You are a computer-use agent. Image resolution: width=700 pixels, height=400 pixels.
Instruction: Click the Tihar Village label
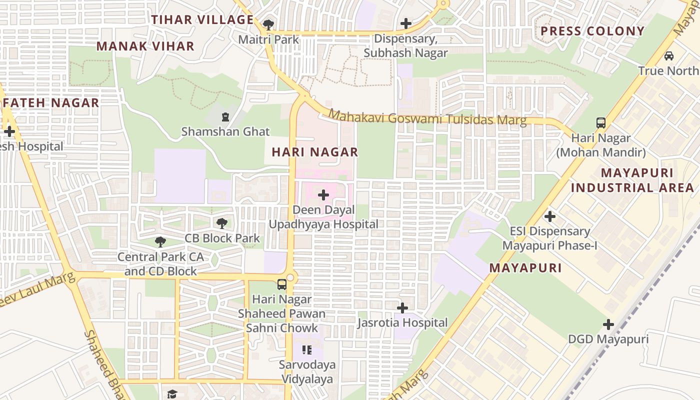[x=202, y=20]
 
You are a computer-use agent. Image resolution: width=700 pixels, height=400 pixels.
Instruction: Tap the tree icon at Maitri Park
[x=268, y=24]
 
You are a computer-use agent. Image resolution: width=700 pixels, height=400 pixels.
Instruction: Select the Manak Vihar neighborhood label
[x=145, y=46]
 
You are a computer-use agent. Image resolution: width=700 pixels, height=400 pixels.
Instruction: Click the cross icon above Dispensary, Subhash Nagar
[x=406, y=23]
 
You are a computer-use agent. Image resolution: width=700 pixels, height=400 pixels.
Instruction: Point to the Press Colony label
[x=592, y=31]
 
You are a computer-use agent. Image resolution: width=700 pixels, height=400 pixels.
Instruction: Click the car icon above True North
[x=669, y=55]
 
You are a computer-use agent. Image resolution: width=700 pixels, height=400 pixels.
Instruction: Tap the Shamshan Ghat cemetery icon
[x=225, y=117]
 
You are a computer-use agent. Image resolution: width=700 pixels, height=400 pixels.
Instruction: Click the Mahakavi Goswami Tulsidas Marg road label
[x=427, y=118]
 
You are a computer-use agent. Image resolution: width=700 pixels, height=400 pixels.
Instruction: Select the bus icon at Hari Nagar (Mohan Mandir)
[x=601, y=122]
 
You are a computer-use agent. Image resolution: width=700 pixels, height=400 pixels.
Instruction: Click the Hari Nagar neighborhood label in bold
[x=315, y=152]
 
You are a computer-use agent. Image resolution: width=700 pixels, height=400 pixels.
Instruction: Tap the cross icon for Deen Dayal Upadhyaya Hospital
[x=323, y=195]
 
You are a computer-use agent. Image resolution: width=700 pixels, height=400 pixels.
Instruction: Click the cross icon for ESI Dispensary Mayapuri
[x=550, y=216]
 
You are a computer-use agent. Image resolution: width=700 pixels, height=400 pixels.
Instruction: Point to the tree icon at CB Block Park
[x=222, y=223]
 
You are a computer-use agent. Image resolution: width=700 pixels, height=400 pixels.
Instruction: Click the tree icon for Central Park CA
[x=160, y=242]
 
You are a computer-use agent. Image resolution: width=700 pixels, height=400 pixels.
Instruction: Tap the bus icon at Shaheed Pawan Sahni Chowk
[x=282, y=284]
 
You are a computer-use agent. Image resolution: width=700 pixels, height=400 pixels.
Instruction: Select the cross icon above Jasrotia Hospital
[x=402, y=307]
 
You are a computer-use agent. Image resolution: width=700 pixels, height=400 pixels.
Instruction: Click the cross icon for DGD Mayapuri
[x=608, y=324]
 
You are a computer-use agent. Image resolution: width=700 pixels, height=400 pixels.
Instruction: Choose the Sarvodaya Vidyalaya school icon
[x=307, y=350]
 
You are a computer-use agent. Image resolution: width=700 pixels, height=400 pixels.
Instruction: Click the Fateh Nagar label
[x=51, y=103]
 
